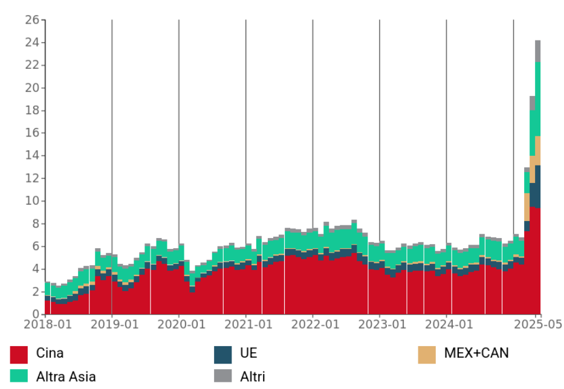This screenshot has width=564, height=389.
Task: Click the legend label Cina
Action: point(50,353)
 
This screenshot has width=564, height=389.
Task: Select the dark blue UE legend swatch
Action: point(223,355)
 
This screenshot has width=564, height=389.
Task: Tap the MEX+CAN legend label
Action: point(476,353)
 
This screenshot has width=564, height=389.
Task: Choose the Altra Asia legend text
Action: point(66,376)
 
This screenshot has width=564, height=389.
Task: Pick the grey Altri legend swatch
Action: point(223,376)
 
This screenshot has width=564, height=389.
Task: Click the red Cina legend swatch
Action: point(19,355)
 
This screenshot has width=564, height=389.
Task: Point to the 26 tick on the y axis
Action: point(32,20)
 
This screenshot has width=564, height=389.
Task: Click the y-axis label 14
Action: point(32,155)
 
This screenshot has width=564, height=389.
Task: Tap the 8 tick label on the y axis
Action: point(35,223)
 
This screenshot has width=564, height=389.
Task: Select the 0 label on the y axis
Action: point(35,313)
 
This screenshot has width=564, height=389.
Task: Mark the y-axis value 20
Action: point(32,88)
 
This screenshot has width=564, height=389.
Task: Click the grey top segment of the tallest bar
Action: point(537,51)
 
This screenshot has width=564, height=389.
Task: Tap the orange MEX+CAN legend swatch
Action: point(427,355)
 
